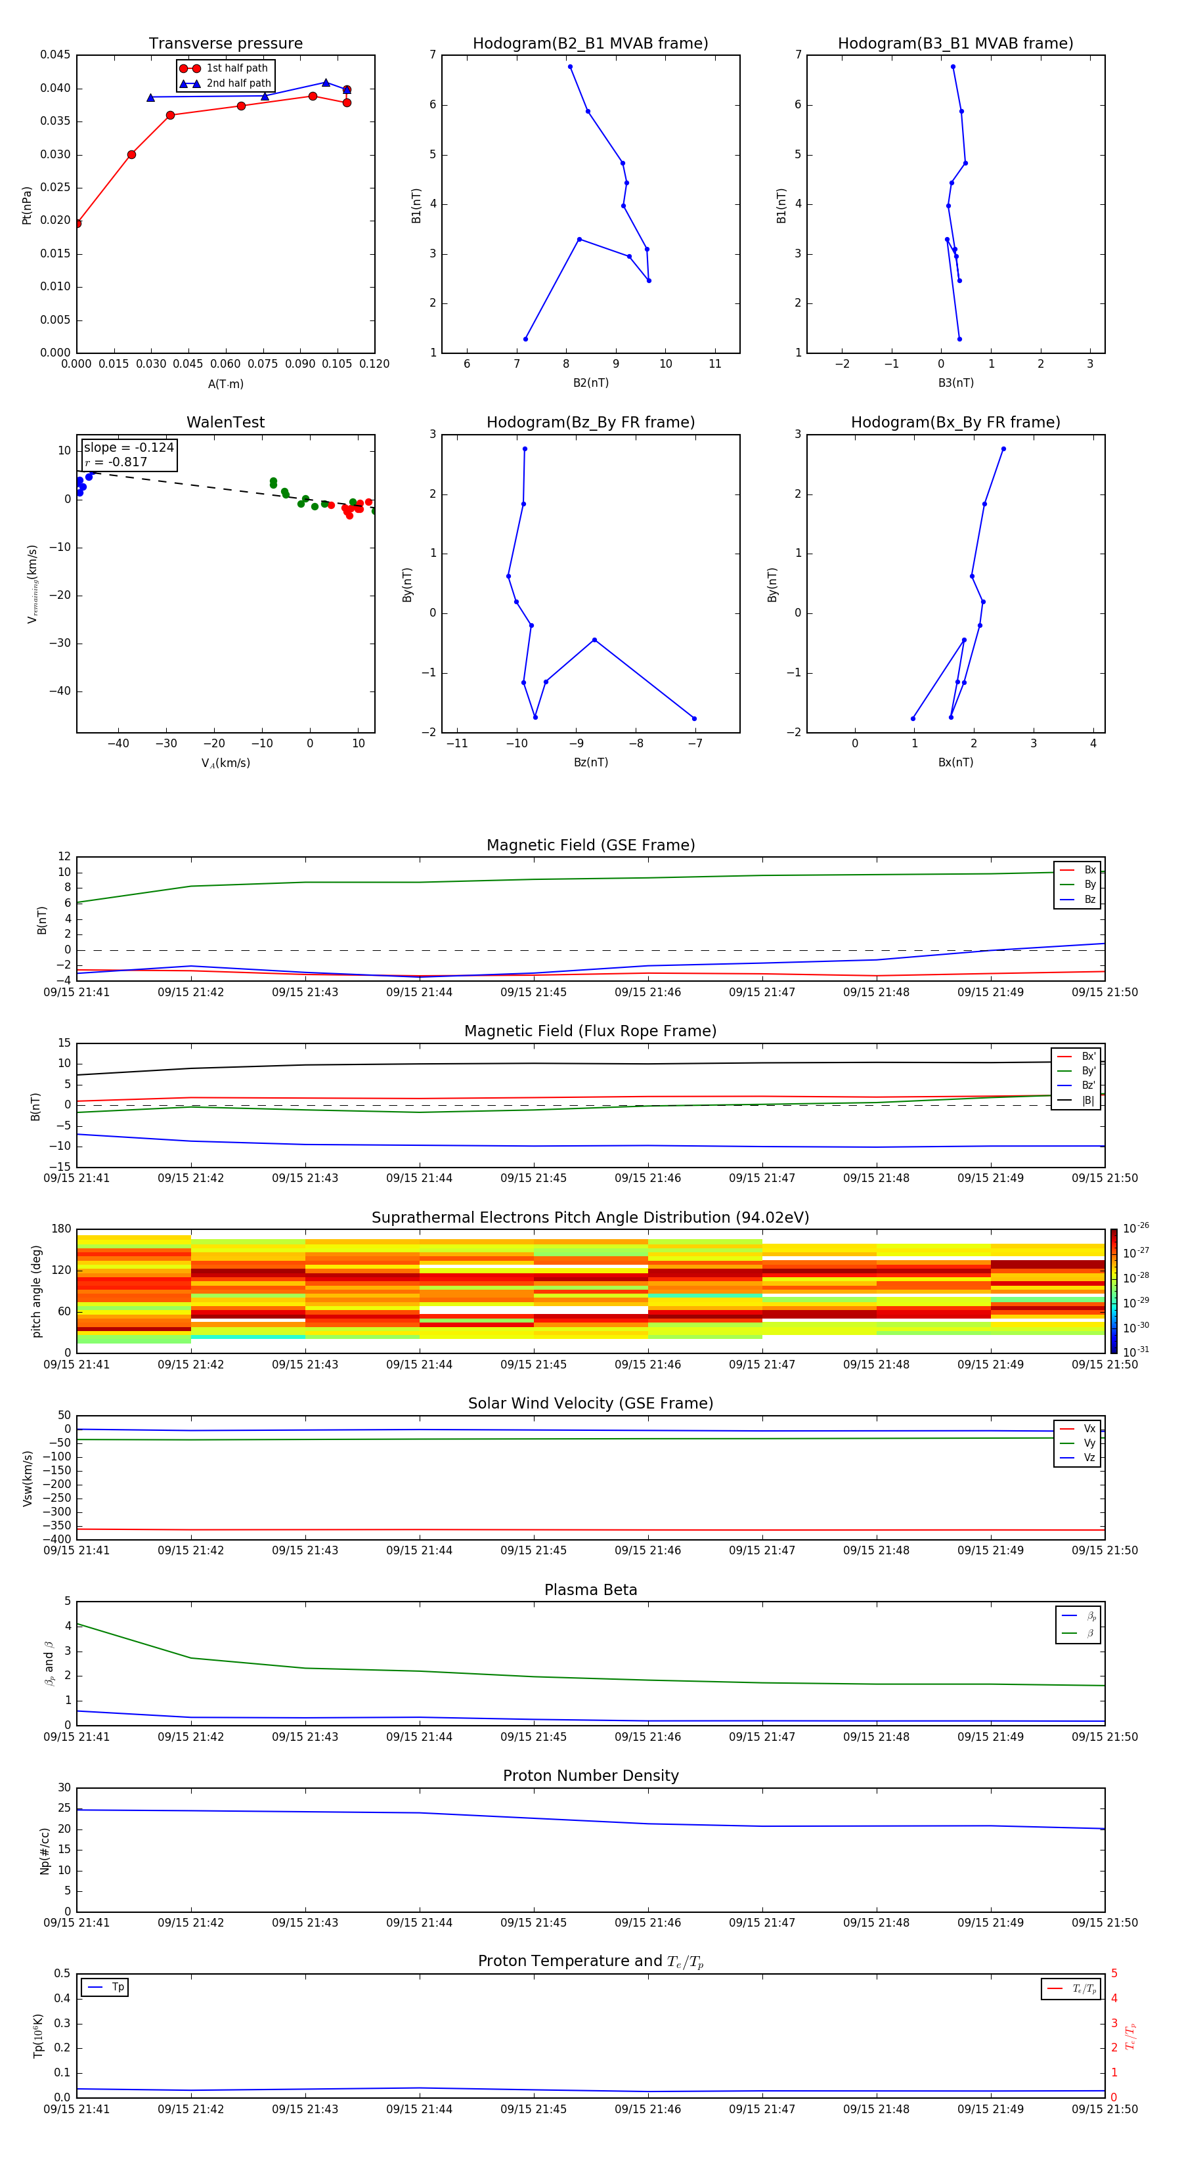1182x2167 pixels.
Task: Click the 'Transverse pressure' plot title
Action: [x=225, y=44]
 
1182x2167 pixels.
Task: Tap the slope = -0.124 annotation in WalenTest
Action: [x=129, y=448]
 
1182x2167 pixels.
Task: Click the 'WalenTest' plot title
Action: [x=225, y=422]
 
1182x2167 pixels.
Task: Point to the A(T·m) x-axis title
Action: [x=225, y=383]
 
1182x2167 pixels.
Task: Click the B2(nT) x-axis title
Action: [x=590, y=383]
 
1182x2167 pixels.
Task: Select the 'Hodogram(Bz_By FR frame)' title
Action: [x=590, y=422]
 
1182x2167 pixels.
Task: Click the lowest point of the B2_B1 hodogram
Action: [x=526, y=339]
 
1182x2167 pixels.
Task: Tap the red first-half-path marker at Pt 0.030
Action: [x=131, y=155]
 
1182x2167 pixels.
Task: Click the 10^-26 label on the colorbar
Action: [x=1136, y=1228]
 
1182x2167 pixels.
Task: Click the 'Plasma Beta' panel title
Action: [x=590, y=1590]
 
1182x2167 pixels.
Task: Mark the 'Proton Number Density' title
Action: [x=590, y=1776]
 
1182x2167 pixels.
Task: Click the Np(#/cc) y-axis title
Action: [x=45, y=1850]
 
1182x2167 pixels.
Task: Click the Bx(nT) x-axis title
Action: [x=955, y=762]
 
